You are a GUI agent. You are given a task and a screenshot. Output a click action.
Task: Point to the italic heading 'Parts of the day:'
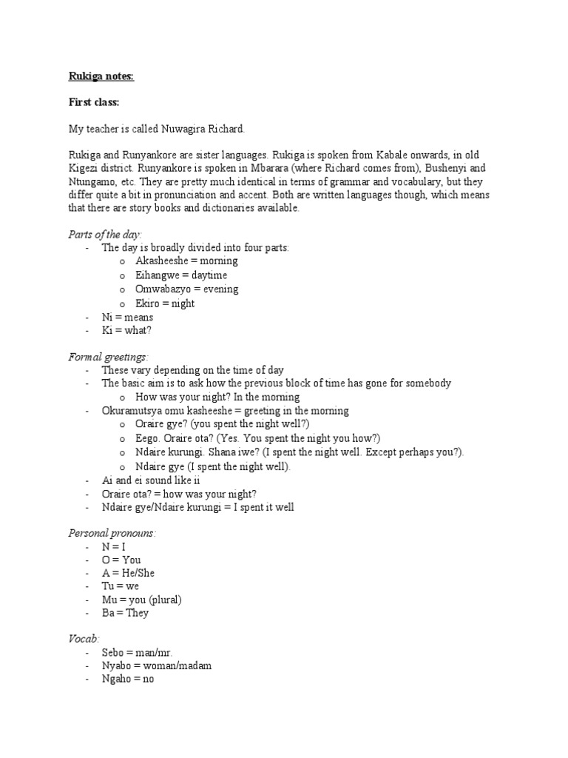[104, 234]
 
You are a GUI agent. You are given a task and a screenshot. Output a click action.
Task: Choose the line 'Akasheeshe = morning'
[186, 261]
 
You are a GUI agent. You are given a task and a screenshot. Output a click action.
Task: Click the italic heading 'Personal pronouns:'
[112, 533]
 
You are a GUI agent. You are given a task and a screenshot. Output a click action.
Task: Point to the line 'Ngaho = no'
[127, 680]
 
